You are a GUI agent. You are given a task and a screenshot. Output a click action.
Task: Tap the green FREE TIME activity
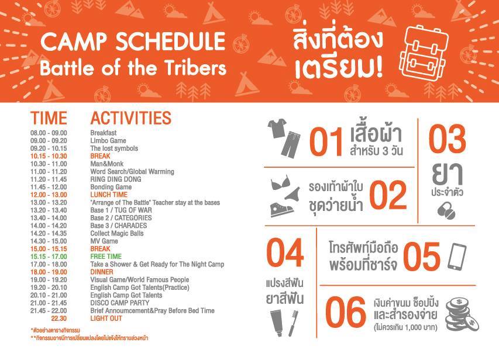pyautogui.click(x=106, y=257)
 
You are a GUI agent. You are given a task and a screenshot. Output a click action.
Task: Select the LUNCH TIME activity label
pyautogui.click(x=109, y=195)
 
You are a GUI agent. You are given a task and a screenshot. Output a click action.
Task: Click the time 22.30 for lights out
pyautogui.click(x=59, y=319)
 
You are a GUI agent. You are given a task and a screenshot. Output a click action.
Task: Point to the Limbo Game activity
pyautogui.click(x=108, y=141)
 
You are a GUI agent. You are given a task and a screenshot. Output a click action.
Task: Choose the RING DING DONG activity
pyautogui.click(x=116, y=179)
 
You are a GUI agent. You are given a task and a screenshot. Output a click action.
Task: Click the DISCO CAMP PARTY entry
pyautogui.click(x=120, y=303)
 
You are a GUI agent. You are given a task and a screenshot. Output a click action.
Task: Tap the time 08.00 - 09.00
pyautogui.click(x=49, y=133)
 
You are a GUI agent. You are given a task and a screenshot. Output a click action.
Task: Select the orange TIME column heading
pyautogui.click(x=49, y=118)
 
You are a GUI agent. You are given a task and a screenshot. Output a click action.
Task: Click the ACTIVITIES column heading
pyautogui.click(x=131, y=118)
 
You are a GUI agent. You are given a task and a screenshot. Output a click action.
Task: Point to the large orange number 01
pyautogui.click(x=326, y=142)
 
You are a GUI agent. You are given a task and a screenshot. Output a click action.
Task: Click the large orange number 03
pyautogui.click(x=447, y=139)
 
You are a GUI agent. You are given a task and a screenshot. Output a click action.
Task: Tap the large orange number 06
pyautogui.click(x=346, y=312)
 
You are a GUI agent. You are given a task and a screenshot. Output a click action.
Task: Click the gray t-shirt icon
pyautogui.click(x=277, y=128)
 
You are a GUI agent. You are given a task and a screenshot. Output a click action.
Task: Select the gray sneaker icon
pyautogui.click(x=281, y=209)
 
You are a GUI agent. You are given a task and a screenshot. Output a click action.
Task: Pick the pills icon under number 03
pyautogui.click(x=446, y=210)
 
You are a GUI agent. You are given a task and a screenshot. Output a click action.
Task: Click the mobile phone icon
pyautogui.click(x=457, y=257)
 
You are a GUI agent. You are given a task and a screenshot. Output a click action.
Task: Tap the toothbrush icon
pyautogui.click(x=294, y=323)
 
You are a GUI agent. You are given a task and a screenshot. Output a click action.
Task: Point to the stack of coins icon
pyautogui.click(x=461, y=314)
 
